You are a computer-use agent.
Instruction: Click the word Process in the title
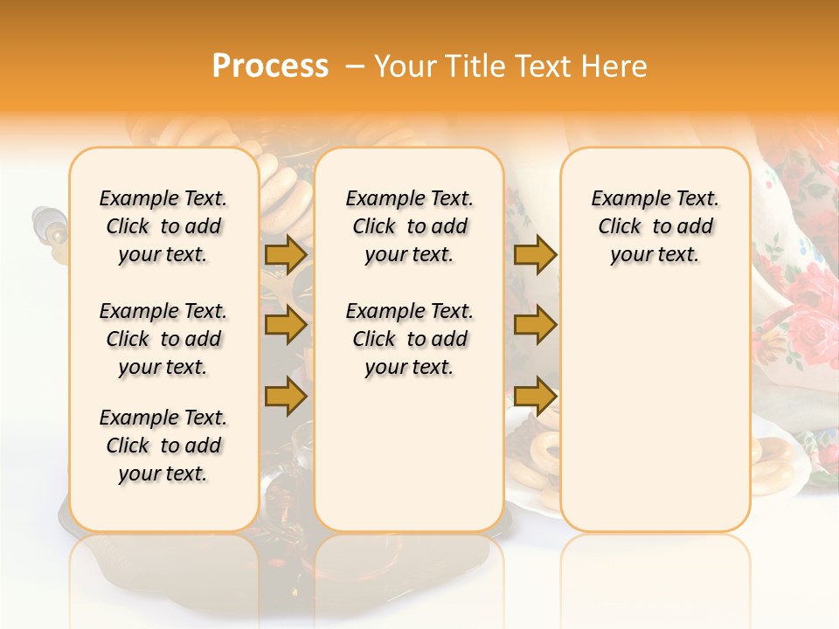[x=270, y=66]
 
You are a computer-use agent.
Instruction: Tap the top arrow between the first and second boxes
[x=286, y=254]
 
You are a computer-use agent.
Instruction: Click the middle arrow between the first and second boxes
[x=286, y=325]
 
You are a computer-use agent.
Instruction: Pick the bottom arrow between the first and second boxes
[x=286, y=396]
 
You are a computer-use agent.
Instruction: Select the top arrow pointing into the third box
[x=534, y=254]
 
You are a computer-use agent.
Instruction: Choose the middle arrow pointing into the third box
[x=534, y=325]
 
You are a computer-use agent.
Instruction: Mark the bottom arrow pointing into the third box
[x=534, y=396]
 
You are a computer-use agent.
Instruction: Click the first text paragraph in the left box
[x=163, y=226]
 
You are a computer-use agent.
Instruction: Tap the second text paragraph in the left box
[x=163, y=339]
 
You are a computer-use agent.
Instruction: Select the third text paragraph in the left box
[x=163, y=446]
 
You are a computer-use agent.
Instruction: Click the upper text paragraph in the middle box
[x=409, y=226]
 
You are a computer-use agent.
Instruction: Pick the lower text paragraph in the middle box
[x=409, y=339]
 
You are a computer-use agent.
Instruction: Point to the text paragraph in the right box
[x=655, y=226]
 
